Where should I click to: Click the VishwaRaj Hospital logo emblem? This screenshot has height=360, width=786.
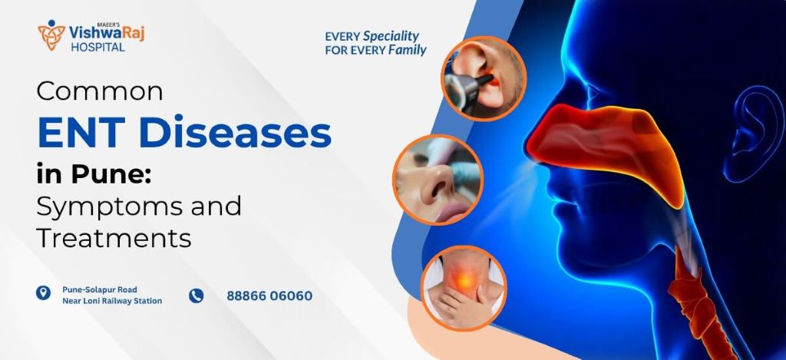click(51, 35)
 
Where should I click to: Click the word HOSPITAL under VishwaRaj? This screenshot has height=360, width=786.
click(97, 48)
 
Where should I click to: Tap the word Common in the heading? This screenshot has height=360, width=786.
click(101, 92)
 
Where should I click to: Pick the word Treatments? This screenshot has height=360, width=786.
click(114, 238)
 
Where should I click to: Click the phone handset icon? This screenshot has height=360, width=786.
click(196, 296)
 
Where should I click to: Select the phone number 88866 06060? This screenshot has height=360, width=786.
click(269, 296)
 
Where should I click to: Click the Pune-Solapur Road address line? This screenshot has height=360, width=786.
click(100, 289)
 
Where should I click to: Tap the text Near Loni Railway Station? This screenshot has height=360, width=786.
click(112, 301)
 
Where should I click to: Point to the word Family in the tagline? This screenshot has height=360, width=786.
click(407, 51)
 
